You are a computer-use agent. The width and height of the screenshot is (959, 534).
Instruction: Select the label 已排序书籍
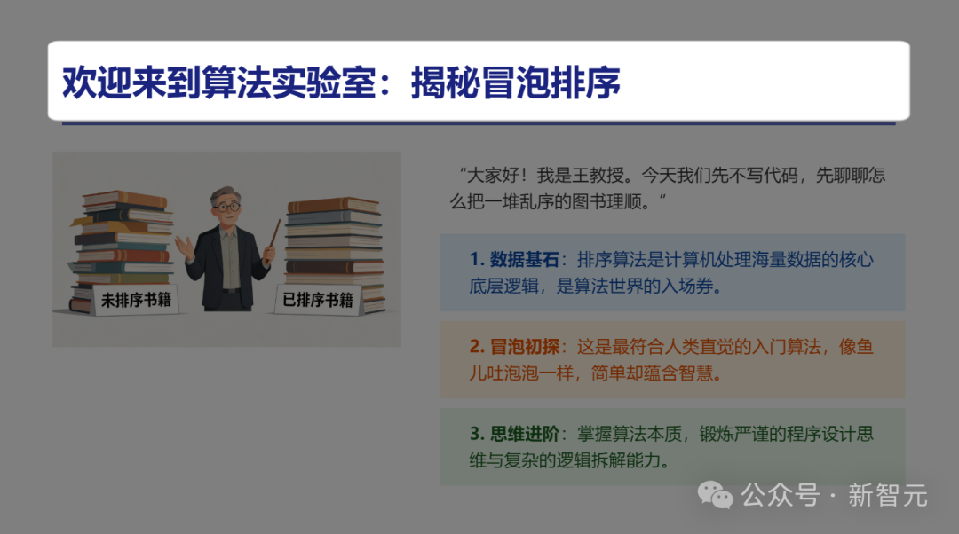coord(317,300)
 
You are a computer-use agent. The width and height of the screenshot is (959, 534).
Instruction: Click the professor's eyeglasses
coord(227,207)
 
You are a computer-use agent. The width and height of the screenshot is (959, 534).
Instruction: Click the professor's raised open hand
coord(185,244)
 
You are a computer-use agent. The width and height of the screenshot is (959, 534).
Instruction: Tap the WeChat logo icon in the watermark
coord(716,495)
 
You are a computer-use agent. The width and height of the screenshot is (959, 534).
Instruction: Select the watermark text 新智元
coord(887,495)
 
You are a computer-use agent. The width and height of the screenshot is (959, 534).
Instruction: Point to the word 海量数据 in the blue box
coord(777,260)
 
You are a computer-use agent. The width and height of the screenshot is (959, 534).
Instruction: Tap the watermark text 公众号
coord(781,495)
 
